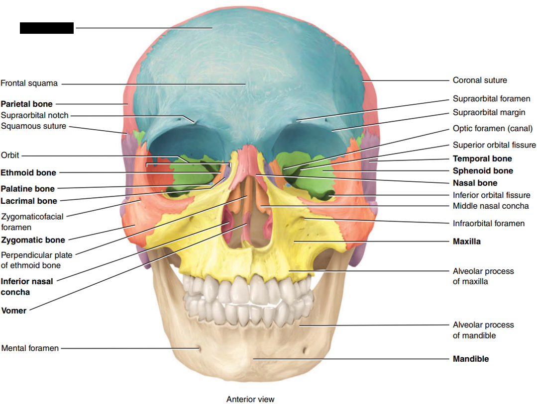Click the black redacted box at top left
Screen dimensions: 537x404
click(47, 28)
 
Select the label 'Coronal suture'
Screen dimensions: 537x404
click(480, 80)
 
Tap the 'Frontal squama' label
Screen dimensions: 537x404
click(29, 83)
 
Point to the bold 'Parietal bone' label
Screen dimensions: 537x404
click(26, 104)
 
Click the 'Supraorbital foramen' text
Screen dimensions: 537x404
click(491, 99)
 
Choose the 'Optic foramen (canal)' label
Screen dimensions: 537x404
click(492, 129)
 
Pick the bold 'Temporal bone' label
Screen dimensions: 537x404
click(482, 159)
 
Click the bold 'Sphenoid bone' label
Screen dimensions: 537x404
click(482, 171)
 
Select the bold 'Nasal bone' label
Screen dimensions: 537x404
click(475, 183)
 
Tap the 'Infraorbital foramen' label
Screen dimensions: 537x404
click(488, 224)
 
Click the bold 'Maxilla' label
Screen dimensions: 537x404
click(466, 242)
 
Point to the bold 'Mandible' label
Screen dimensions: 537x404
click(470, 359)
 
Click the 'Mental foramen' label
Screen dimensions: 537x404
click(30, 348)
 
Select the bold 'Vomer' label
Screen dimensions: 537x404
click(14, 311)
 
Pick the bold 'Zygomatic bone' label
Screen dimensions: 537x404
click(33, 240)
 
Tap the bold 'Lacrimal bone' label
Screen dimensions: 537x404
click(29, 201)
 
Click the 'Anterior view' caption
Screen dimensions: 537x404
click(250, 400)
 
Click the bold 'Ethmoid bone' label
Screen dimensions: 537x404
click(28, 173)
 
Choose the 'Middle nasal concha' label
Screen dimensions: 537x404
click(490, 206)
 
